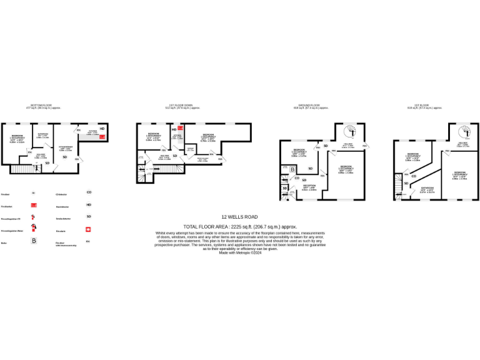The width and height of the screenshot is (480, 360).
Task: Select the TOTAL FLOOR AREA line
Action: click(240, 227)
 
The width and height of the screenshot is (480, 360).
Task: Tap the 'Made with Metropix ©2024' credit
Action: click(240, 252)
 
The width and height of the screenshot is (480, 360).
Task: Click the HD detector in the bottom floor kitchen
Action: click(102, 128)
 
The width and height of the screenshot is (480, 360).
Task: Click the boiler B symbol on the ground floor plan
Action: click(285, 168)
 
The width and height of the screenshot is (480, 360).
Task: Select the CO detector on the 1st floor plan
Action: click(413, 176)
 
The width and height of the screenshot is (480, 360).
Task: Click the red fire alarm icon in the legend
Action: click(89, 229)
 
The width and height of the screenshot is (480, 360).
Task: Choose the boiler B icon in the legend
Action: click(34, 241)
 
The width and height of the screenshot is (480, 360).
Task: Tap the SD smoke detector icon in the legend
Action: click(89, 216)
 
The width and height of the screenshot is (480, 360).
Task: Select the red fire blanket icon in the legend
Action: click(34, 204)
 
